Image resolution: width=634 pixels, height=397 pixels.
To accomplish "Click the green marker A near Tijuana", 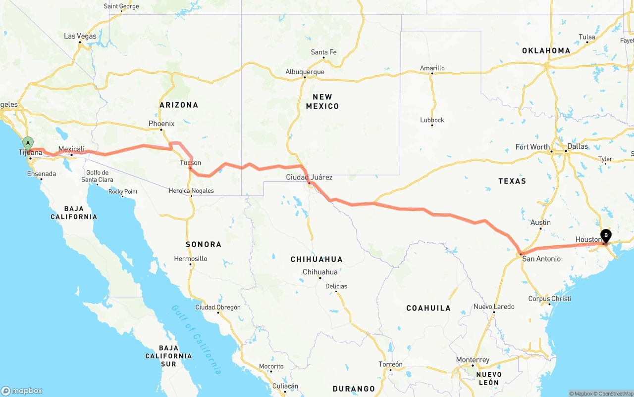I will [28, 143].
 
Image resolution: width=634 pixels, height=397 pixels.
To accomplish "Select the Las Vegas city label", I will [80, 36].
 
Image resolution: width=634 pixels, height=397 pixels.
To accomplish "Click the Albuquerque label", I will [305, 72].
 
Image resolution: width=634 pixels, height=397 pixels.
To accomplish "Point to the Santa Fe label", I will [323, 52].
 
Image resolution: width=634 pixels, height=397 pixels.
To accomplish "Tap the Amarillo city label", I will [432, 68].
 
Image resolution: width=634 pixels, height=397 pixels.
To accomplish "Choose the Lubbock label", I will [432, 120].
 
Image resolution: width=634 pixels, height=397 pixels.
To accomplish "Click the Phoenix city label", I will [161, 124].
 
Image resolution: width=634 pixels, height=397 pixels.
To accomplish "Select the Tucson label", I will [191, 163].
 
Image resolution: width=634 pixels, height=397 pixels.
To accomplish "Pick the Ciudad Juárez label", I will [309, 177].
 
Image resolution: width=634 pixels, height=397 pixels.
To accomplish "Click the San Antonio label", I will [541, 259].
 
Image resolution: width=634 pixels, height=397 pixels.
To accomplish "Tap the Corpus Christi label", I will [549, 299].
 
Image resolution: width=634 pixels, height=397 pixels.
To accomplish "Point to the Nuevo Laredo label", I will [494, 307].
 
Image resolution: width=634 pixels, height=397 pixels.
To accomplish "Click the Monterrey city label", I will [473, 360].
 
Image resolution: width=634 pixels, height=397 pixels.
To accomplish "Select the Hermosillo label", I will [191, 259].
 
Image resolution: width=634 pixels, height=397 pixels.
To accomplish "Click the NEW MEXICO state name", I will [322, 101].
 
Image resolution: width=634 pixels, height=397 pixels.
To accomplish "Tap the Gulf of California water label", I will [196, 339].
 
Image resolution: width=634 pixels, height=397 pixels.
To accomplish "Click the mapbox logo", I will [22, 391].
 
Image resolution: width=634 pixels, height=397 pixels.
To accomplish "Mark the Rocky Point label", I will [123, 191].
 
